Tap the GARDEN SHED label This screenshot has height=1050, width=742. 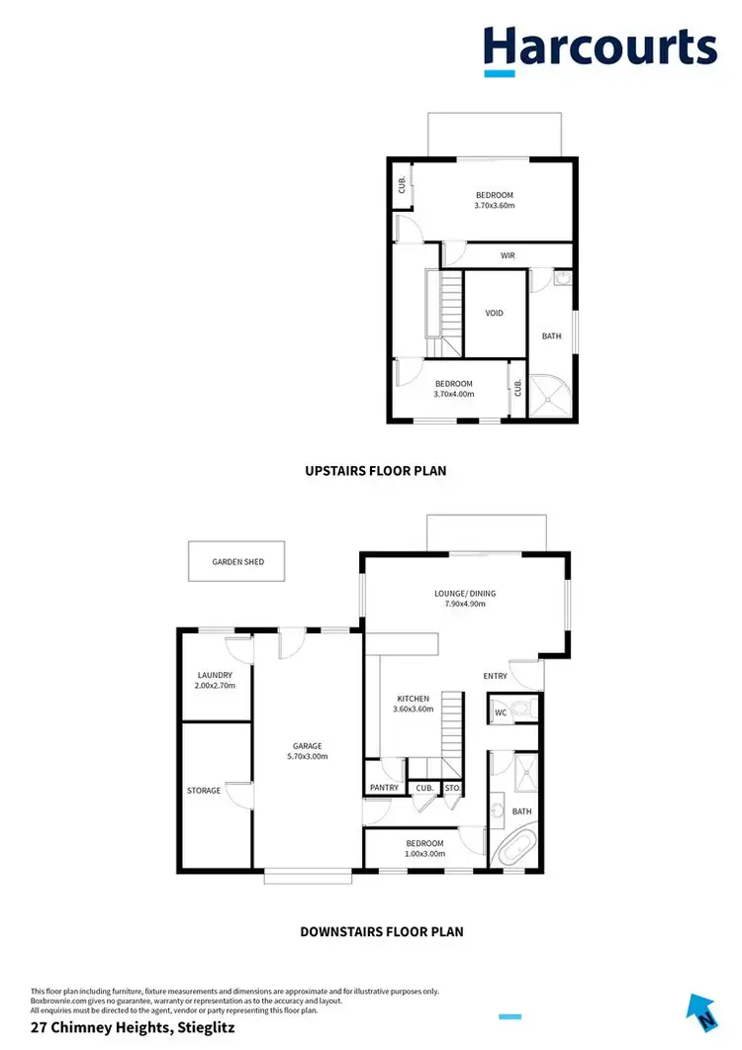point(237,561)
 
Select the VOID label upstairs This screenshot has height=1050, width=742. point(494,313)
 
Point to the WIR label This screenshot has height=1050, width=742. point(508,255)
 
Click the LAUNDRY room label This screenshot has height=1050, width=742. point(215,675)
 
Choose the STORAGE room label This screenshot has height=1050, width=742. point(204,791)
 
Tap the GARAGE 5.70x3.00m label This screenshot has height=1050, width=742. point(307,751)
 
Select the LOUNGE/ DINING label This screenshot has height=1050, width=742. point(464,594)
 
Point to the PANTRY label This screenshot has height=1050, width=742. point(384,788)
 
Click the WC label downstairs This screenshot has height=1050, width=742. point(501,712)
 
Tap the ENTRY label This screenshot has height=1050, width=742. point(495,676)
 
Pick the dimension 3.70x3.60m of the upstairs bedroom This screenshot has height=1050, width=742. point(495,206)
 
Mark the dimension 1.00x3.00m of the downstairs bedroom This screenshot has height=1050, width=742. point(423,853)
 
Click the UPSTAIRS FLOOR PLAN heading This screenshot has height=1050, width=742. point(375,471)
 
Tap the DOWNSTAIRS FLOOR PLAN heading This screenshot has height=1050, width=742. point(381,931)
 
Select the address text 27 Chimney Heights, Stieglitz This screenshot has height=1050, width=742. point(134,1028)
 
